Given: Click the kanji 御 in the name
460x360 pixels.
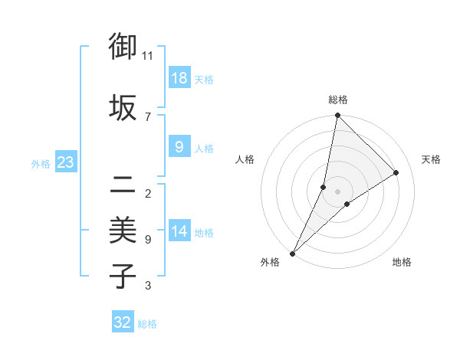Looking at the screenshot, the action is click(123, 47).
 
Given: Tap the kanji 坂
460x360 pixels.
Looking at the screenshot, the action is click(123, 106).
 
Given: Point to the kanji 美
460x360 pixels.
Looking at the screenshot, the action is click(123, 229).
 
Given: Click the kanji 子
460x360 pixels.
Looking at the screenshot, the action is click(123, 276).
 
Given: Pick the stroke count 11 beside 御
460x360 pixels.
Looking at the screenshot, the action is click(148, 55).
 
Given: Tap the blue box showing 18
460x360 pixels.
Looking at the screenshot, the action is click(179, 77).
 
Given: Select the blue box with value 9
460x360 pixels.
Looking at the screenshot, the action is click(179, 147).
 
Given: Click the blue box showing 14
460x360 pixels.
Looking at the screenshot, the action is click(179, 231).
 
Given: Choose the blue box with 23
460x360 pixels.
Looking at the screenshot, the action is click(65, 162).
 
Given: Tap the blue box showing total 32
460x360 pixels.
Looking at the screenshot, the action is click(123, 322).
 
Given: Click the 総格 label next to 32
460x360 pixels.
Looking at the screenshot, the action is click(147, 324).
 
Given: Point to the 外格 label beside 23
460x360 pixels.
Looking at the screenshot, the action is click(41, 163).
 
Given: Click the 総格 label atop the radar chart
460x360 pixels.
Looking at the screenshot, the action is click(338, 100).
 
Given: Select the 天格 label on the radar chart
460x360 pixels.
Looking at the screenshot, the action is click(432, 159).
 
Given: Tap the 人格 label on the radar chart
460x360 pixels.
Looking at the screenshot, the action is click(245, 159).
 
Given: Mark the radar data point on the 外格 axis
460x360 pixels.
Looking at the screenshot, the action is click(293, 253).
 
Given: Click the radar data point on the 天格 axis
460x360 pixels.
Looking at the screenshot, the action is click(396, 172).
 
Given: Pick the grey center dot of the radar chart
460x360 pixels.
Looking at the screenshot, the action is click(338, 191).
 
